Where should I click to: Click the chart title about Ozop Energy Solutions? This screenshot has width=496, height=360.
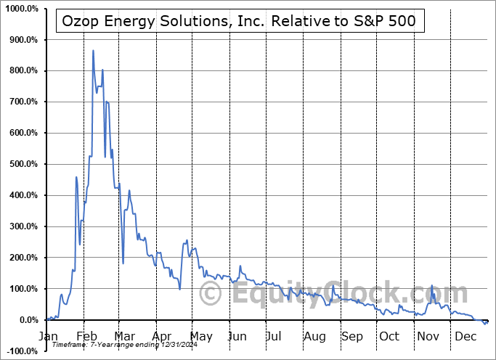pos(238,21)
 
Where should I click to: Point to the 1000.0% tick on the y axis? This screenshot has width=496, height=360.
pos(23,9)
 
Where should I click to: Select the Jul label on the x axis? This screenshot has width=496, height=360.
pos(274,336)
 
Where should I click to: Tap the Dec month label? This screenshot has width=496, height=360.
pos(465,336)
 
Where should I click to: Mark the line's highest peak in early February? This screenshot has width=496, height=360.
pos(93,51)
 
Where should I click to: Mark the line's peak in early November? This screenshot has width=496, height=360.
pos(431,286)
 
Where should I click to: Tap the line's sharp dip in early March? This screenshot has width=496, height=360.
pos(123,263)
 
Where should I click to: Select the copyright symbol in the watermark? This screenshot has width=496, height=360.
pos(211,294)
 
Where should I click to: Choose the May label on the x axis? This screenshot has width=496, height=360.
pos(200,336)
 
